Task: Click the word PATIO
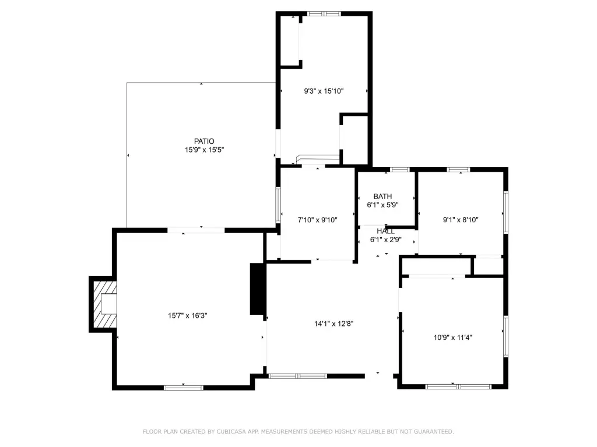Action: point(204,141)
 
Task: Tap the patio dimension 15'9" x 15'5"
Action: point(204,150)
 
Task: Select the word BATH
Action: point(382,197)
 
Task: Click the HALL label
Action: point(386,231)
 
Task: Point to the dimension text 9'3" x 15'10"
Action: point(324,91)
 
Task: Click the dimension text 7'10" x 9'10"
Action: point(318,219)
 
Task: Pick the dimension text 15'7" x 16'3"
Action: point(187,315)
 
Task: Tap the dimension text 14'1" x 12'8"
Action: point(334,324)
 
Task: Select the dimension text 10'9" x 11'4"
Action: point(452,337)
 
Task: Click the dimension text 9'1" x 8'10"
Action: point(461,219)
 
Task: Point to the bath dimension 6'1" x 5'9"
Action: point(382,205)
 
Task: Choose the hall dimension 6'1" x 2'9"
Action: point(386,240)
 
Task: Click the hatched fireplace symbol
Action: point(105,304)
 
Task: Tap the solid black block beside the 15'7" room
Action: point(257,289)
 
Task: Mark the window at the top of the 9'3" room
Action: point(324,14)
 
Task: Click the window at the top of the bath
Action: point(400,169)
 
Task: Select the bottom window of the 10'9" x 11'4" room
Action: point(458,386)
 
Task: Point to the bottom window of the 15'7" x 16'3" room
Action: point(184,388)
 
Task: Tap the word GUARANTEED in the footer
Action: point(434,431)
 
